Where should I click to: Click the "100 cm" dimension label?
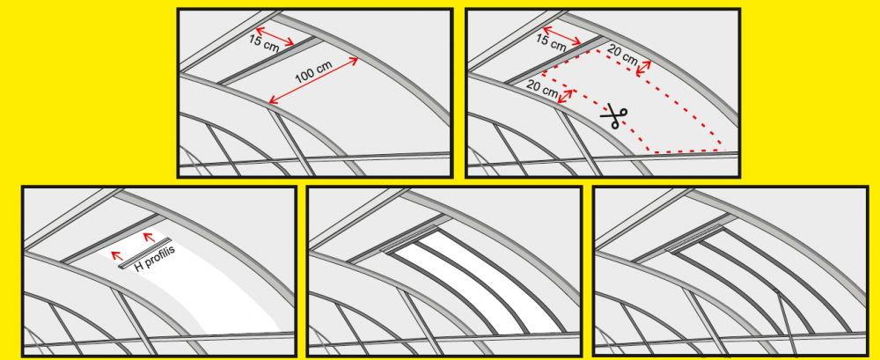(314, 72)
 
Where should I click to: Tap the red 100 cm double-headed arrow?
(314, 80)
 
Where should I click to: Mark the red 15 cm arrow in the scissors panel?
(562, 36)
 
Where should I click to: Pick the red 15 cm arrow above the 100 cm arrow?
(275, 36)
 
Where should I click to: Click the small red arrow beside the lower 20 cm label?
(567, 96)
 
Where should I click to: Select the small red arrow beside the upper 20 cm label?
(643, 68)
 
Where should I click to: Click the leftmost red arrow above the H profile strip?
(117, 256)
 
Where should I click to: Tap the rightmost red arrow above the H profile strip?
(150, 239)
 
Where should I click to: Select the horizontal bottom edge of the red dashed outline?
(686, 151)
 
